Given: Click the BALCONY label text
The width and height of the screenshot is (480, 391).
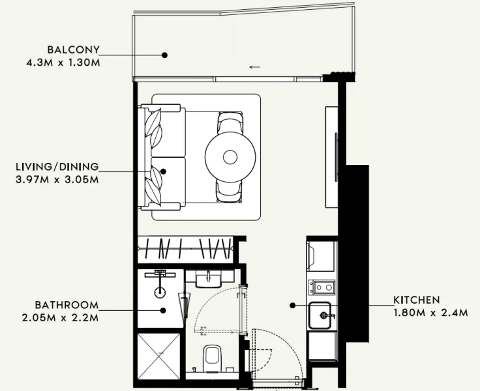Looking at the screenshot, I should [73, 50].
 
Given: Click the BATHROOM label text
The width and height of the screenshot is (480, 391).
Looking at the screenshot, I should [67, 305].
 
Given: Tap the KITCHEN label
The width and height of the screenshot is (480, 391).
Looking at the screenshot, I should [416, 300].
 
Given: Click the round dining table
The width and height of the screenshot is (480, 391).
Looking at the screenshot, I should [230, 157].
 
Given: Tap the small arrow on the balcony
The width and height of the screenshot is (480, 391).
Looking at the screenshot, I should [255, 66].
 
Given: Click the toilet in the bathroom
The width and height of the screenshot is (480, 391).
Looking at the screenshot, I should [211, 357].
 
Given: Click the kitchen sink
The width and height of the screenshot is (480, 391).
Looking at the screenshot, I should [322, 316].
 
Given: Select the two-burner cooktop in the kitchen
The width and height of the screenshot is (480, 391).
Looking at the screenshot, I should [322, 286].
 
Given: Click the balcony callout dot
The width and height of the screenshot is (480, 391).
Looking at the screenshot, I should [165, 55].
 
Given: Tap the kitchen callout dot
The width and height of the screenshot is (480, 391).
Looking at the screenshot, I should [293, 305].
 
